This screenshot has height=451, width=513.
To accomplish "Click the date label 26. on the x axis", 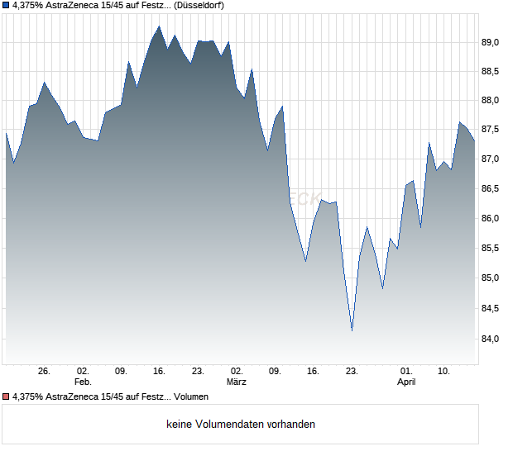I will coord(45,372).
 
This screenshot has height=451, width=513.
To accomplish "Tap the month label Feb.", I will coord(82,382).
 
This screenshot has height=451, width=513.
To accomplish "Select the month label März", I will coord(237,382).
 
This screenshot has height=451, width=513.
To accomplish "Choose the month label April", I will coord(406,382).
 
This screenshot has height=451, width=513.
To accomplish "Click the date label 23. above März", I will coord(198,372).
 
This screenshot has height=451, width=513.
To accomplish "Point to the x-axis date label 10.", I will coord(444,372).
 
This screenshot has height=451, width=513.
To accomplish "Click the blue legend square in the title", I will coord(6,5).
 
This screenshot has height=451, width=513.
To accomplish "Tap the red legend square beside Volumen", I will coord(6,397).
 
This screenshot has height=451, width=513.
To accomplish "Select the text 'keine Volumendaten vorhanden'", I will coord(241,425).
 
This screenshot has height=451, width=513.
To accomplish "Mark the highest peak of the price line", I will coord(159,26).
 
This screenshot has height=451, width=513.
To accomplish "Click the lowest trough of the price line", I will coord(352,330).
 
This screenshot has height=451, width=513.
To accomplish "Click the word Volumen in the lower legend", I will coord(192,397).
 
